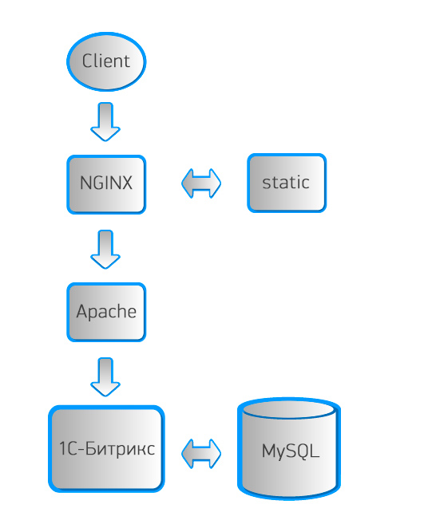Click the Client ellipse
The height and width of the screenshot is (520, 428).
106,61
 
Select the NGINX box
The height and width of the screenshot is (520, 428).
106,184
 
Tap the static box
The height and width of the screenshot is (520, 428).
287,183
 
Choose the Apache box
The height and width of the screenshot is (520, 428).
106,312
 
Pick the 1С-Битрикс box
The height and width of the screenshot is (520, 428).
106,449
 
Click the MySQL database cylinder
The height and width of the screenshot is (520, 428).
289,449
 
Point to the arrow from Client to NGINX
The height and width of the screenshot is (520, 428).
105,122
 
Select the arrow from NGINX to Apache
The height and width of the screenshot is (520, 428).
105,250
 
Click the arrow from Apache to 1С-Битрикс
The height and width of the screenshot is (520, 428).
105,377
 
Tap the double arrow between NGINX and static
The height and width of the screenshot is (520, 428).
201,183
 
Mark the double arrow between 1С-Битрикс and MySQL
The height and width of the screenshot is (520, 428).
201,454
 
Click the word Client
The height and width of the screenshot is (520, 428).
106,61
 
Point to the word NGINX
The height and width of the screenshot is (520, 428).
106,183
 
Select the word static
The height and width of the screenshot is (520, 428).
286,183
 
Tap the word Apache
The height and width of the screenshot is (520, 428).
106,312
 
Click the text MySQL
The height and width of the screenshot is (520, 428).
291,451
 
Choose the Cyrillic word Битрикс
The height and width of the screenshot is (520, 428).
120,448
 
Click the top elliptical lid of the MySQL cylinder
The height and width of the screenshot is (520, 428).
289,409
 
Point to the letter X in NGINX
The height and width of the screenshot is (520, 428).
126,183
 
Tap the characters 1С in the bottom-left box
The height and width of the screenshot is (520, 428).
68,448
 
